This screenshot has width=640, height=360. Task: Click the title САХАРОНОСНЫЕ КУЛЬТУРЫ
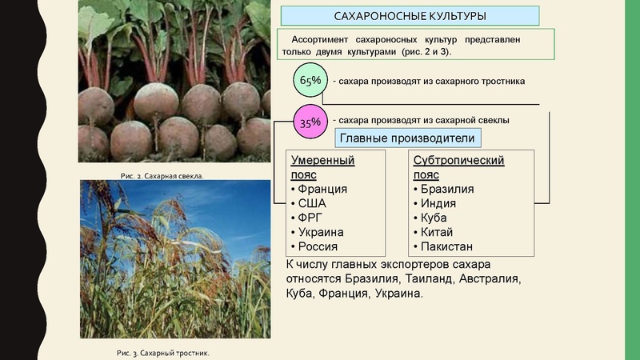pyautogui.click(x=410, y=16)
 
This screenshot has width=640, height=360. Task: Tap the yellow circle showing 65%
pyautogui.click(x=310, y=80)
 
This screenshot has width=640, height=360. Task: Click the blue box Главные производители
pyautogui.click(x=407, y=139)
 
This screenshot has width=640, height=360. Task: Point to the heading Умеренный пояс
pyautogui.click(x=322, y=167)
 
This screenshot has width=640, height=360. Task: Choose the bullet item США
pyautogui.click(x=311, y=203)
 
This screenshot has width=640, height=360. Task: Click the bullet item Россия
pyautogui.click(x=317, y=246)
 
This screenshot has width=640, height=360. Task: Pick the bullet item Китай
pyautogui.click(x=436, y=232)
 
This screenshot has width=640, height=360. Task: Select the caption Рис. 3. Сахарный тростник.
pyautogui.click(x=162, y=351)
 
